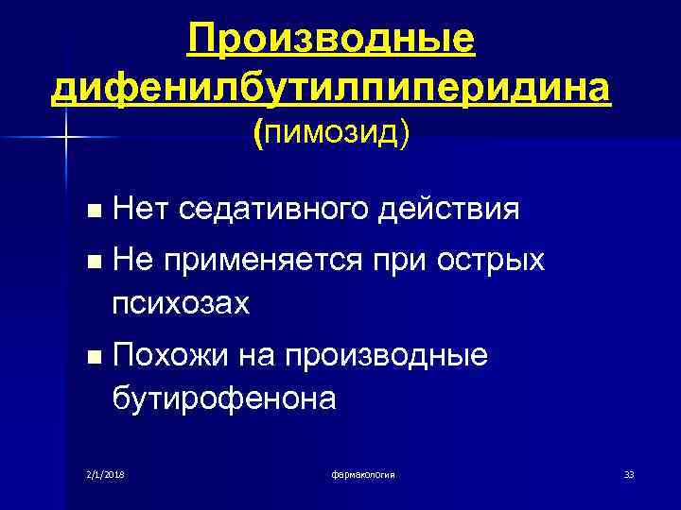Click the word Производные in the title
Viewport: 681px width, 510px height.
(x=330, y=40)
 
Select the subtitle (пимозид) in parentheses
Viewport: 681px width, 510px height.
(x=331, y=136)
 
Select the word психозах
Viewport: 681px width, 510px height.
(x=181, y=303)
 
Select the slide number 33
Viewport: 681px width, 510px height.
(x=629, y=473)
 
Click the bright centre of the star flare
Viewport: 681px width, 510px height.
(x=66, y=139)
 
